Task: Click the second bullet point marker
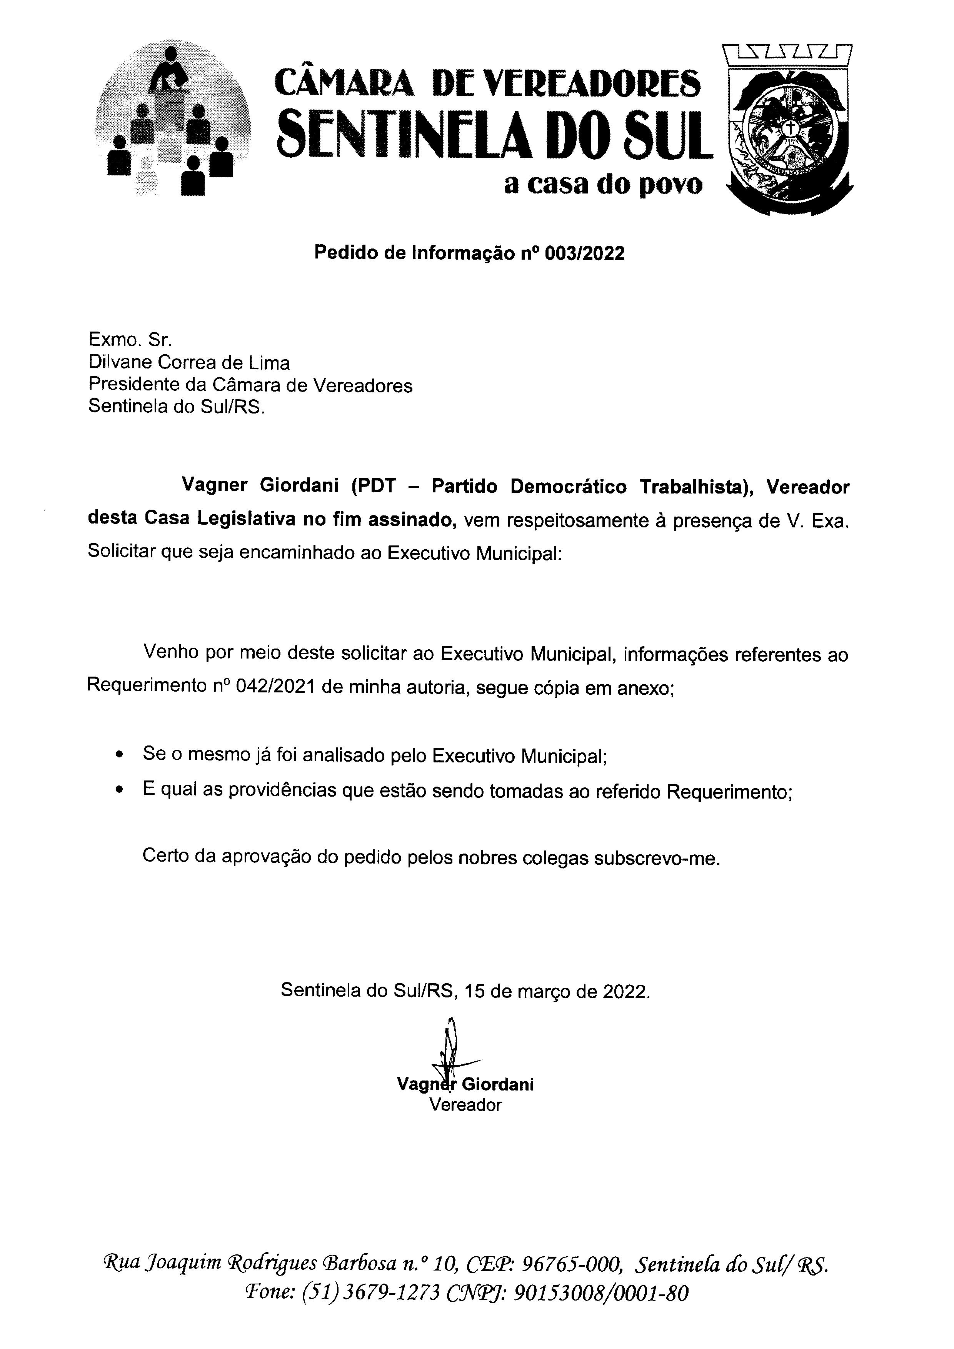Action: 120,791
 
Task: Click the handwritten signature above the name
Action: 451,1052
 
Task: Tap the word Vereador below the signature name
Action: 465,1105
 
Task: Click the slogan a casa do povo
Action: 603,185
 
